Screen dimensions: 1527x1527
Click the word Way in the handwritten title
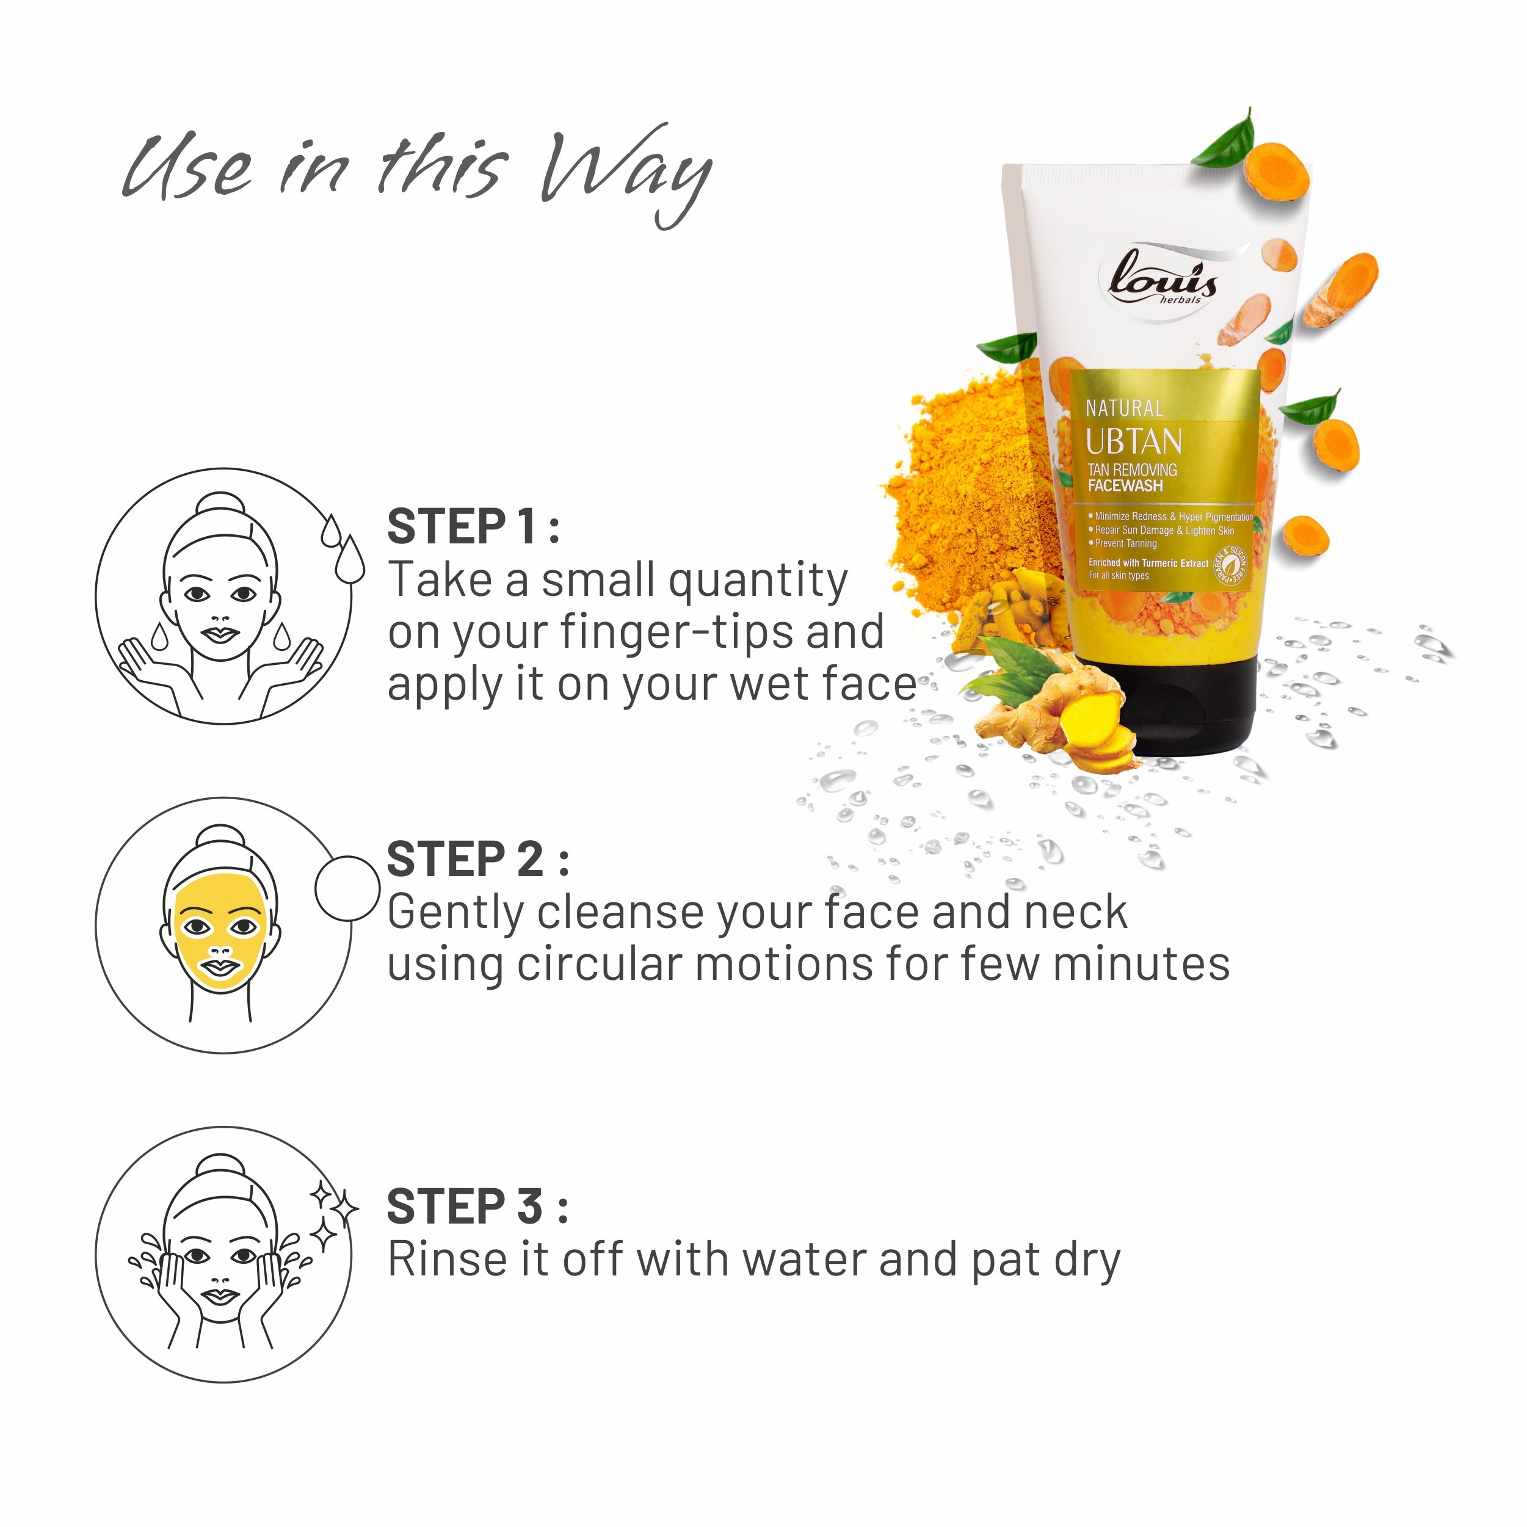click(625, 174)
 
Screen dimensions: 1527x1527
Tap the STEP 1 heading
click(473, 527)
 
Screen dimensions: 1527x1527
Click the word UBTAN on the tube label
click(1133, 441)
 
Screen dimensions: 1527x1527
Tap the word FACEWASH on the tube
click(1125, 486)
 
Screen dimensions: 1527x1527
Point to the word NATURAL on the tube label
click(1124, 408)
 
